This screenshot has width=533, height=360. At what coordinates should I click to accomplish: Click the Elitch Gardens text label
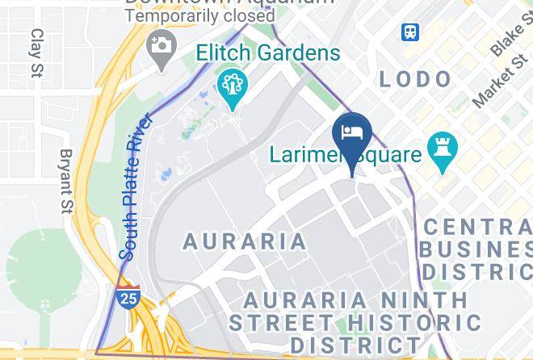268,53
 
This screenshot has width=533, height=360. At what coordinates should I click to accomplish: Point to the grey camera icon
162,44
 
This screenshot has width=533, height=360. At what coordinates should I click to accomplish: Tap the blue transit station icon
410,31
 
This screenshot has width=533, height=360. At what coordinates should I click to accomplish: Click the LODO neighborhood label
415,78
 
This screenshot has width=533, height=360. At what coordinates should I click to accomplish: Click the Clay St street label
36,53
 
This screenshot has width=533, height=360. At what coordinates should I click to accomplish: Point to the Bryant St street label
66,182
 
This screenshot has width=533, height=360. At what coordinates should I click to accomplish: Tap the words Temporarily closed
200,15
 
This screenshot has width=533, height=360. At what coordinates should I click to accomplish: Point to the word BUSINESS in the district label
476,249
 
